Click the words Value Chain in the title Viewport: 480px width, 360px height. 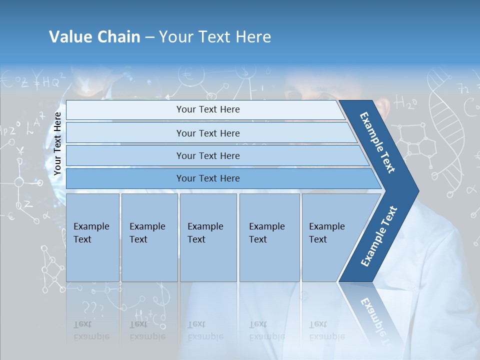94,37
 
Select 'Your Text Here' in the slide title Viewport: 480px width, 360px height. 215,37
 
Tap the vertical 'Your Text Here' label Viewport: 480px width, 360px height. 57,143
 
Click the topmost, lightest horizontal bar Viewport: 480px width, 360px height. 208,109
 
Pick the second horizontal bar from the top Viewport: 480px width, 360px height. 208,133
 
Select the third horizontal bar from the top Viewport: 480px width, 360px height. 208,155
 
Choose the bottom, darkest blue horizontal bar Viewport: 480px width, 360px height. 208,178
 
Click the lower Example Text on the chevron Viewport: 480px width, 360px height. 379,236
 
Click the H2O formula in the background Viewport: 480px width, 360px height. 405,103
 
